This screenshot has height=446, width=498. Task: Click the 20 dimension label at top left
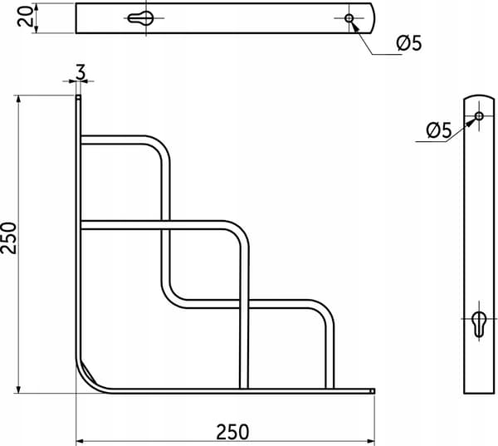pyautogui.click(x=25, y=17)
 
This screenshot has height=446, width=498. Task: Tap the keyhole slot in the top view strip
pyautogui.click(x=140, y=18)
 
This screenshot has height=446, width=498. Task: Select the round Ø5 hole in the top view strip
pyautogui.click(x=349, y=18)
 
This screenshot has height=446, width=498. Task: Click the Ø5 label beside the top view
pyautogui.click(x=409, y=43)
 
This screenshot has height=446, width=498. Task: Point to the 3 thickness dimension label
pyautogui.click(x=81, y=72)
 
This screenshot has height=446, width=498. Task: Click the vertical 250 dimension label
pyautogui.click(x=8, y=238)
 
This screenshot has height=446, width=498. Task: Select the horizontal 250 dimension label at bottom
pyautogui.click(x=232, y=432)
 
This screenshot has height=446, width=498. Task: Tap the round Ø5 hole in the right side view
pyautogui.click(x=479, y=116)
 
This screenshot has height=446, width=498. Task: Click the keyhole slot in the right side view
pyautogui.click(x=479, y=324)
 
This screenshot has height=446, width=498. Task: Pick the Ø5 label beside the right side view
pyautogui.click(x=438, y=130)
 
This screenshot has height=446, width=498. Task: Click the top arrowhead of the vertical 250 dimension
pyautogui.click(x=18, y=99)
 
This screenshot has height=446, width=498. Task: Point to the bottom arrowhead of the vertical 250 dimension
pyautogui.click(x=18, y=390)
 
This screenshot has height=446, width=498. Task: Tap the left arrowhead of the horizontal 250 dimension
pyautogui.click(x=80, y=441)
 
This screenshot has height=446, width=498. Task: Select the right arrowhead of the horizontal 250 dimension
pyautogui.click(x=371, y=441)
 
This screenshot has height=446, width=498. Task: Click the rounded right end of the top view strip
pyautogui.click(x=373, y=18)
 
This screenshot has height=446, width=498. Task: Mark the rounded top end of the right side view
pyautogui.click(x=479, y=96)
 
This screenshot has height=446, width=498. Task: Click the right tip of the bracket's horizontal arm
pyautogui.click(x=373, y=391)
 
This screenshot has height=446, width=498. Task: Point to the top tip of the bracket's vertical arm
pyautogui.click(x=78, y=96)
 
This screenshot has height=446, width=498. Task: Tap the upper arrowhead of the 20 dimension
pyautogui.click(x=36, y=7)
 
